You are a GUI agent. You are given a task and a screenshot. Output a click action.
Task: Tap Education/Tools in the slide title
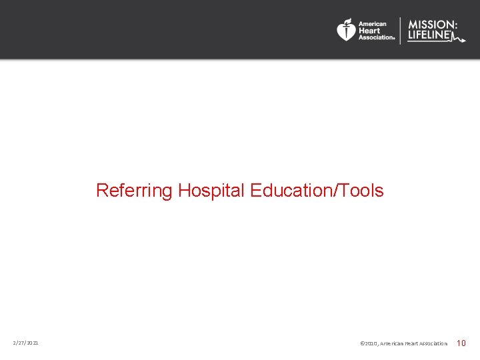click(317, 191)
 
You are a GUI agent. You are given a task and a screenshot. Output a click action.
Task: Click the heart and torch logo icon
click(346, 30)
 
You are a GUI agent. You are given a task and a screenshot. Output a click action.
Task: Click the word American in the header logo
click(373, 24)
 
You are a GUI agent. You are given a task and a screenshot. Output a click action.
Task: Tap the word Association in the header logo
click(375, 37)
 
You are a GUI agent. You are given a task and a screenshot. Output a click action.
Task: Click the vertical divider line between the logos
click(400, 31)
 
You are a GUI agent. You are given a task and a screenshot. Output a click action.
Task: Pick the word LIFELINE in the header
click(429, 36)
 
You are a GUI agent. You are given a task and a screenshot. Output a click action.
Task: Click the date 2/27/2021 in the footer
click(25, 343)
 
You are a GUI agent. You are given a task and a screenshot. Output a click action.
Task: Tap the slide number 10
click(461, 343)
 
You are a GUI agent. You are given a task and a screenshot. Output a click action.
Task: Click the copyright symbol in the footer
click(362, 343)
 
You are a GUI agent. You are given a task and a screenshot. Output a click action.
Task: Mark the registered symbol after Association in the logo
click(394, 39)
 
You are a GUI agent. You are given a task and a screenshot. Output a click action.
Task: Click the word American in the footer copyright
click(391, 343)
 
